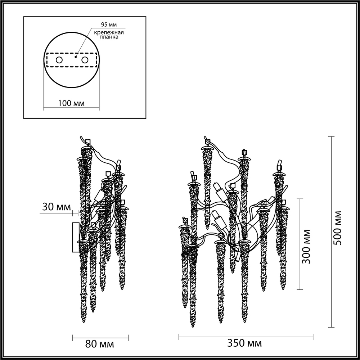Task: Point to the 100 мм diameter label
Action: (x=71, y=104)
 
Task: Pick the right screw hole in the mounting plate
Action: (x=85, y=60)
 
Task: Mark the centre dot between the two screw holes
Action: (x=76, y=56)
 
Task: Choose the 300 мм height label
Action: (x=306, y=246)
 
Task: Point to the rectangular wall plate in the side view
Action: (x=76, y=237)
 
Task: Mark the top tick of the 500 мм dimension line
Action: (x=332, y=137)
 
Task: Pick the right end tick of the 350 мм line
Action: (x=313, y=337)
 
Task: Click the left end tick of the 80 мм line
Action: (x=73, y=337)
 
